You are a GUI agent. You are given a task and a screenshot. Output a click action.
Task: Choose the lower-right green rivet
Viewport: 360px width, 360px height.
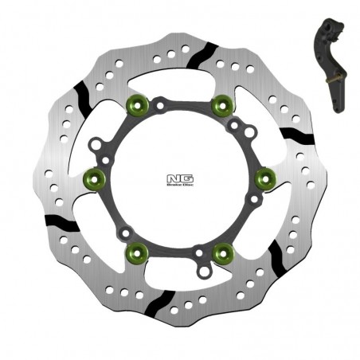coord(221,252)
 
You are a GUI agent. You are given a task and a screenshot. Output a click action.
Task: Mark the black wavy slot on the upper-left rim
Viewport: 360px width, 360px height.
coord(83,93)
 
